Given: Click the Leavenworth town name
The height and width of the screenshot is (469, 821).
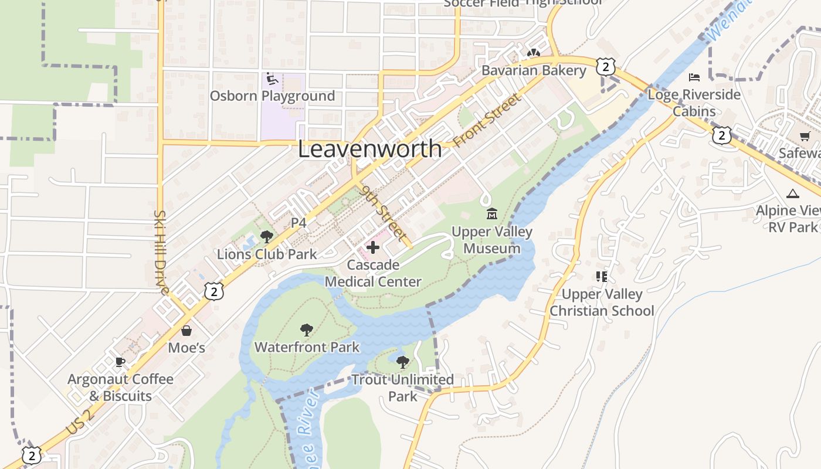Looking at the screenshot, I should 369,149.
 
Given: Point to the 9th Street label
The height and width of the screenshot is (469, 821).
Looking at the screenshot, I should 384,214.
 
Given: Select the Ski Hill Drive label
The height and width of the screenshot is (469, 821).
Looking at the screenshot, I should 160,252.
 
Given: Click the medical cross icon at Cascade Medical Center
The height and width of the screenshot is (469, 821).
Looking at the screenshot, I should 372,247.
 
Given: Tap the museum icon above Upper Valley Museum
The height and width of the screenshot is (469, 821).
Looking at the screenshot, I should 491,214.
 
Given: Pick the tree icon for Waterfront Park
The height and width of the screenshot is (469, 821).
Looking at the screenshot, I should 306,330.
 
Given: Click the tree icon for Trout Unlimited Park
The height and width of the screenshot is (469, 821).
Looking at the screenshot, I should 402,362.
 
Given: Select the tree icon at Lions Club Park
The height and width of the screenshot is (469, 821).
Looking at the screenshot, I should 266,237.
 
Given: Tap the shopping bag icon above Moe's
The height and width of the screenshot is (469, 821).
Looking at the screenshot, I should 186,331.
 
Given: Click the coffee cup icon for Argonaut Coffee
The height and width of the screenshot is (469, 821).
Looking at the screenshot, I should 120,362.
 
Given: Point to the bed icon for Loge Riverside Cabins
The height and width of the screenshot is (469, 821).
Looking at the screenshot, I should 694,77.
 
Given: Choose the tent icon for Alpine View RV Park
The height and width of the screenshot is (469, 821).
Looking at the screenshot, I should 793,193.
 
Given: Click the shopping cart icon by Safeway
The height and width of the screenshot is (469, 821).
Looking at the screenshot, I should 805,137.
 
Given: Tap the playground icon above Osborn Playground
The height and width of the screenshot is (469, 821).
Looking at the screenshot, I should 272,78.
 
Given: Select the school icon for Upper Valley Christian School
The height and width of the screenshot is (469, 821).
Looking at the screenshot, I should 601,276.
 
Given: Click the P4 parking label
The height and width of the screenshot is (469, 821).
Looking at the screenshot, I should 299,223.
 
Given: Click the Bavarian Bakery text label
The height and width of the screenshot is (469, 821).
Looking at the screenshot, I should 534,70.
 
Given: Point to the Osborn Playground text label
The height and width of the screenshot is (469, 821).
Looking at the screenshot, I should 272,96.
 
